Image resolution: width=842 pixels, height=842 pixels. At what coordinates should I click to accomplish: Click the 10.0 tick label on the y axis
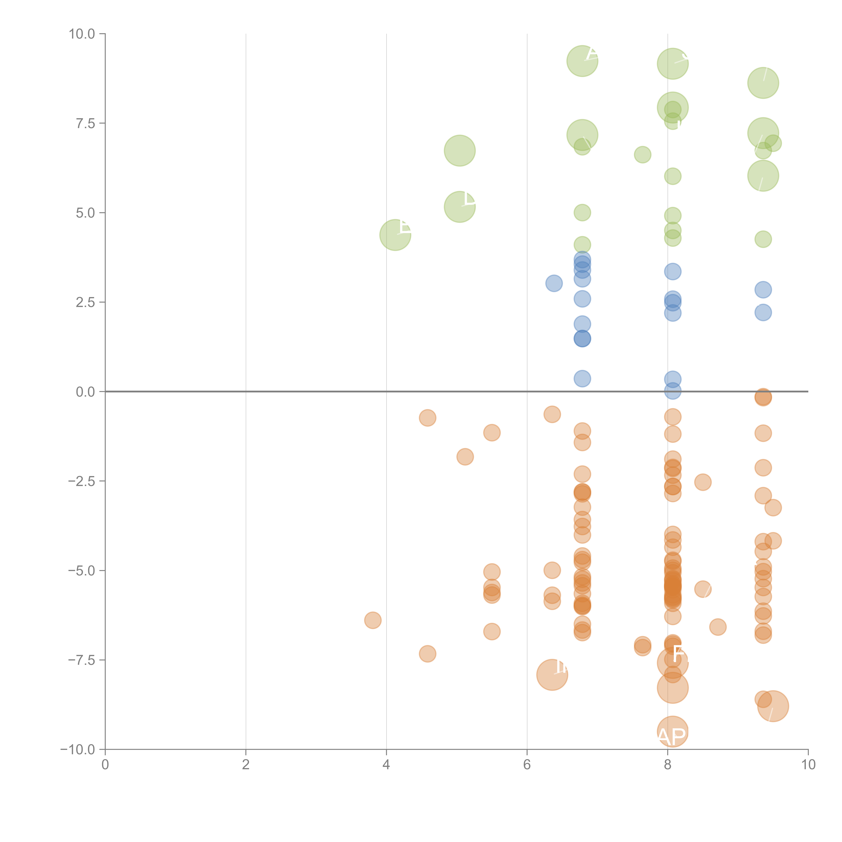[82, 34]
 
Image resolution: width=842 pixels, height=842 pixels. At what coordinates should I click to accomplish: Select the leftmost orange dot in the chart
[373, 620]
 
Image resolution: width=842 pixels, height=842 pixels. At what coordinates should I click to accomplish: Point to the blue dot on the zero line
[672, 391]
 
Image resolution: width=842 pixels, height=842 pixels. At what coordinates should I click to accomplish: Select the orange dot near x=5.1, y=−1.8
[465, 457]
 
